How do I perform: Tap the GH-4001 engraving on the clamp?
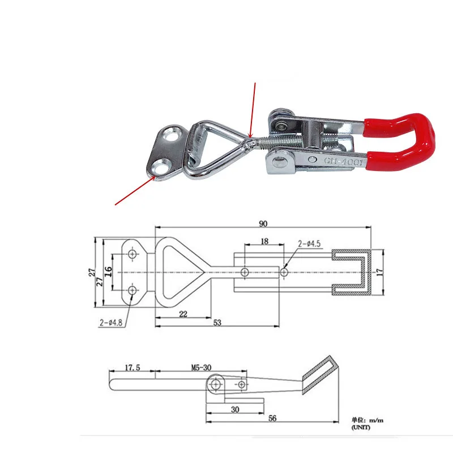pos(344,161)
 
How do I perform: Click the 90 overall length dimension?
pos(263,224)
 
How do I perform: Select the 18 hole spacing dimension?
pos(264,241)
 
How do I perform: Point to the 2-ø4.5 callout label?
pos(309,243)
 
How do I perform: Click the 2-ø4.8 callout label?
pos(111,322)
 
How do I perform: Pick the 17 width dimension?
pos(379,272)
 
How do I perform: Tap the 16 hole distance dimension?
pos(108,272)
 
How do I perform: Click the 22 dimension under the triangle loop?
pos(183,314)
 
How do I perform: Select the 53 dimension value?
pos(217,322)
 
